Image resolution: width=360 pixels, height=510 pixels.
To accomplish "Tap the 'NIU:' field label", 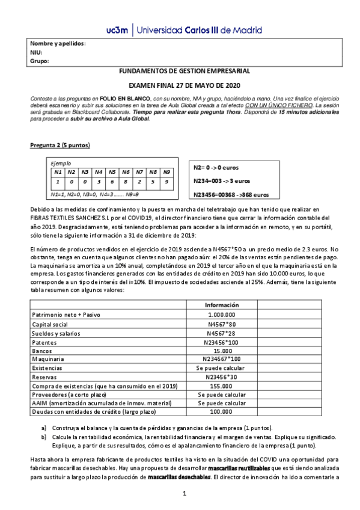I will (37, 52).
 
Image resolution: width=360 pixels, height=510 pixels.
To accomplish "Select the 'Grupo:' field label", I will (39, 61).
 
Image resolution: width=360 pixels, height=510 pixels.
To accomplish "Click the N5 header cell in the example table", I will (112, 171).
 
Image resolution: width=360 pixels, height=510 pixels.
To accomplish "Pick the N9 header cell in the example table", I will (166, 171).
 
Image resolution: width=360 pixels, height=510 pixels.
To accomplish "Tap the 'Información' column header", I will (221, 304).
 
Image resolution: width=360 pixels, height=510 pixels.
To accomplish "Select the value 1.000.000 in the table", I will (221, 315).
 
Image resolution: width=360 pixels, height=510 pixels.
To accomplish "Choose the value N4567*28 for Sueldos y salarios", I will (221, 333).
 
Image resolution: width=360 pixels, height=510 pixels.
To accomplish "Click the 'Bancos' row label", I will (41, 352).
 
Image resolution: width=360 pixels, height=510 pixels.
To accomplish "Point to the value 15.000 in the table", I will (221, 352).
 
